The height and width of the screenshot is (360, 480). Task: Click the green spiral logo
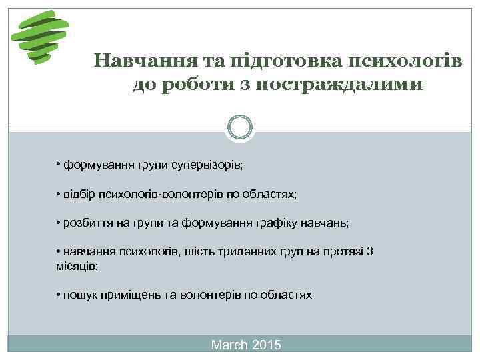pyautogui.click(x=41, y=37)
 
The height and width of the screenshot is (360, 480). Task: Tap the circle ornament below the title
pyautogui.click(x=240, y=127)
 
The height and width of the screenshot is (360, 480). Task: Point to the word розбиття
pyautogui.click(x=87, y=223)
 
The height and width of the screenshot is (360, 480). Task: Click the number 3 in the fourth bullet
pyautogui.click(x=371, y=251)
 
